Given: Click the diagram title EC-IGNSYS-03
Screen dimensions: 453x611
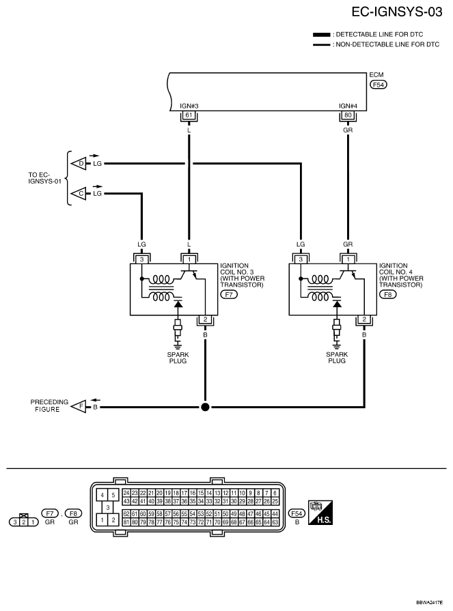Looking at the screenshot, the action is (397, 12).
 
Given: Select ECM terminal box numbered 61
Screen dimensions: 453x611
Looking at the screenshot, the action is (189, 115).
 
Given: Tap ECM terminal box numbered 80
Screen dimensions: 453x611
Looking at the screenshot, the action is (348, 115).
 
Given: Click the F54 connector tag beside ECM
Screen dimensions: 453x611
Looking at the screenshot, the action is (378, 85).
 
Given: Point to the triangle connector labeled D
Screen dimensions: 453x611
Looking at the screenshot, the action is (79, 164).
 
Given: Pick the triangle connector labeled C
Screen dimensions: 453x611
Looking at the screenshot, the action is (79, 193).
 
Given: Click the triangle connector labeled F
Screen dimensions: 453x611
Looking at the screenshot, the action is (79, 407).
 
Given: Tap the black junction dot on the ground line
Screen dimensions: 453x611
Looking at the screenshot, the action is (205, 407).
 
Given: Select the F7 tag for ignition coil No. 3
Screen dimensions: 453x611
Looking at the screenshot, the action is (229, 295).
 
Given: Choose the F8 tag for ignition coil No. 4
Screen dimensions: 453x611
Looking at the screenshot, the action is (388, 295).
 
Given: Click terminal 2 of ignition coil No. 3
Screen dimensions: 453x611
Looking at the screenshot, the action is (205, 320).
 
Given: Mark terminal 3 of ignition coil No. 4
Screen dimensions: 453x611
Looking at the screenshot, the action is (301, 259).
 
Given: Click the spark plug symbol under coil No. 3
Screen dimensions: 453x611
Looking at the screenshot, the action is (178, 332).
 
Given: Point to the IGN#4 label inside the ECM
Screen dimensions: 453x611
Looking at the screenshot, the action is (348, 106).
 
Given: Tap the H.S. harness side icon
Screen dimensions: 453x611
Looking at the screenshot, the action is (320, 513).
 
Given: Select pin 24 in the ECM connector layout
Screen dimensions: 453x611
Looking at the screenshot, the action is (126, 493).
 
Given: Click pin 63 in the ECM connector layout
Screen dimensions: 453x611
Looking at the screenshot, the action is (275, 522).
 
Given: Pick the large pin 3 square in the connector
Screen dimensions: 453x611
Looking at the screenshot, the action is (107, 507).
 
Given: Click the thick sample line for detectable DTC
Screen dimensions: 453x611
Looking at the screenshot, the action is (322, 35).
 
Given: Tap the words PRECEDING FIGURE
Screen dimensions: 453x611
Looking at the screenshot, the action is (49, 406).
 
